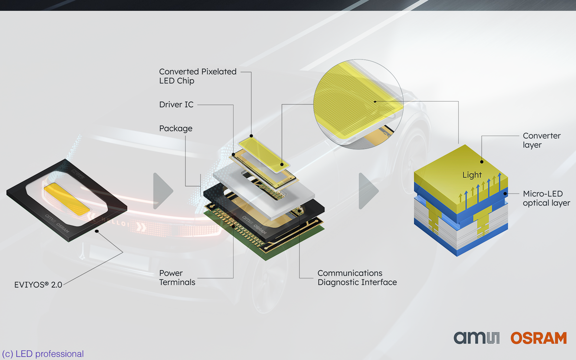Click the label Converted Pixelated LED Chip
click(x=198, y=76)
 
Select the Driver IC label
click(x=176, y=104)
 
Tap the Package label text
click(x=176, y=129)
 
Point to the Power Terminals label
click(x=177, y=277)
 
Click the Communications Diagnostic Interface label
click(x=357, y=277)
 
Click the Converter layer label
click(x=541, y=140)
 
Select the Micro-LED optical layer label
click(x=546, y=198)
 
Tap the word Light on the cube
click(x=472, y=175)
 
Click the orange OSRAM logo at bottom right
click(x=539, y=338)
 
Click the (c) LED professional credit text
click(x=43, y=354)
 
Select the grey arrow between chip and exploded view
click(x=163, y=191)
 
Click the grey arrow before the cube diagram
click(x=368, y=191)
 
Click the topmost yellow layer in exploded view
click(x=261, y=153)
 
